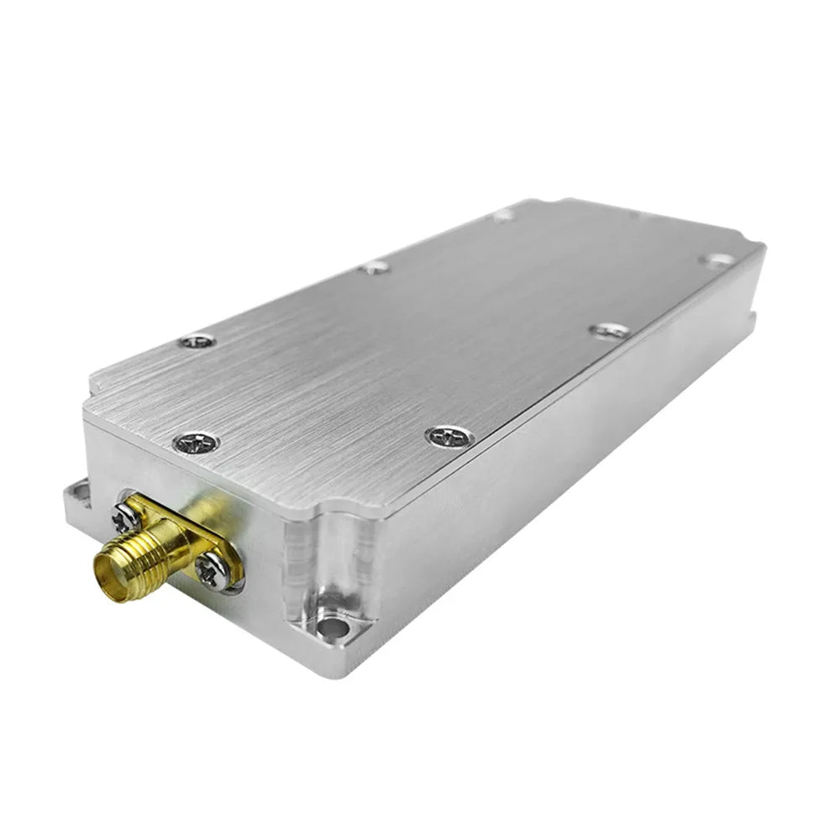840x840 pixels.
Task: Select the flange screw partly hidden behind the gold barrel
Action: coord(127,518)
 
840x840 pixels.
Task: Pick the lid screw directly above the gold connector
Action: coord(197,442)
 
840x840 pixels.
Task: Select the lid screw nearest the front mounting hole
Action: coord(449,436)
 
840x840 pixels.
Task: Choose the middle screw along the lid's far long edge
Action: coord(375,267)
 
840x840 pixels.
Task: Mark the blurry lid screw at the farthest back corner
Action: coord(504,215)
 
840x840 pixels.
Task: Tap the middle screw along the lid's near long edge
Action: coord(609,331)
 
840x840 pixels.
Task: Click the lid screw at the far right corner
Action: coord(716,260)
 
